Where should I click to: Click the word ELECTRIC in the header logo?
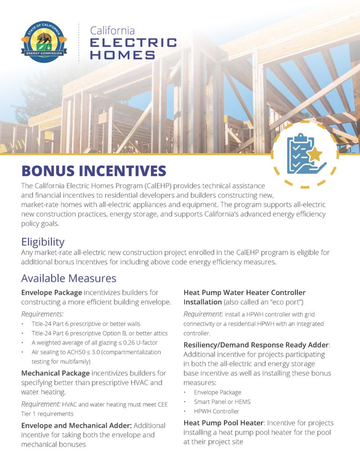tap(134, 43)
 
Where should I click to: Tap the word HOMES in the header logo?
tap(123, 55)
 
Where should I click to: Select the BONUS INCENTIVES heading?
tap(94, 171)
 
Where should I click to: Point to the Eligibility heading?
tap(43, 242)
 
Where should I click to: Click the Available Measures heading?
tap(69, 278)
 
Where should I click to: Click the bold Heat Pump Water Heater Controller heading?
tap(244, 293)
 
